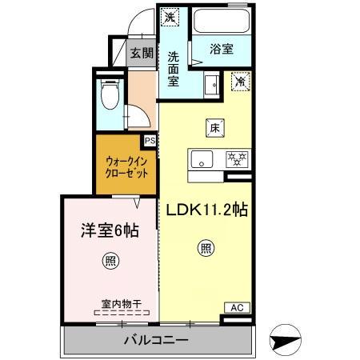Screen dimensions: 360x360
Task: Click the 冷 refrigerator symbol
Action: coord(239,80)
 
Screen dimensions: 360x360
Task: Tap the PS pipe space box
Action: coord(150,141)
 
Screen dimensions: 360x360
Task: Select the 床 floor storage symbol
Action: coord(215,126)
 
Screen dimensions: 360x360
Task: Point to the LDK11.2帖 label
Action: coord(206,210)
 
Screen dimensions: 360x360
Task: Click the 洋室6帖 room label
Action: coord(109,230)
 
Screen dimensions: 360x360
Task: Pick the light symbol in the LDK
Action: coord(206,249)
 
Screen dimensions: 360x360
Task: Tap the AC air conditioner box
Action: coord(237,306)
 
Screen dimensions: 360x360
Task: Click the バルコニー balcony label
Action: coord(156,341)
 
